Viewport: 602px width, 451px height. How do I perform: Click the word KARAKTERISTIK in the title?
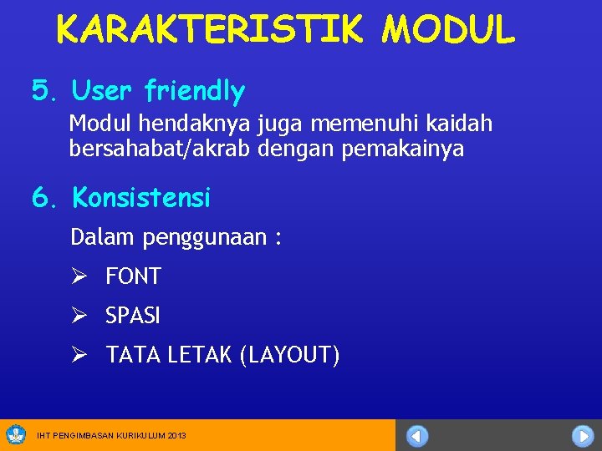(209, 30)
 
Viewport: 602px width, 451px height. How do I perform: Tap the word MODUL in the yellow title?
(448, 30)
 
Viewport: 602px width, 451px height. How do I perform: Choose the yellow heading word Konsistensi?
(141, 198)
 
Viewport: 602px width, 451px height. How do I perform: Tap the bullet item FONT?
(133, 276)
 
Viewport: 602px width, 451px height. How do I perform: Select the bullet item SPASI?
(133, 317)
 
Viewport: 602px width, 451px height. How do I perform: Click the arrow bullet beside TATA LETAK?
(79, 356)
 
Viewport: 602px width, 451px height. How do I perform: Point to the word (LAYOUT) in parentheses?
(289, 356)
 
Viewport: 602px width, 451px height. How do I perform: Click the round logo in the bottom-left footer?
(16, 434)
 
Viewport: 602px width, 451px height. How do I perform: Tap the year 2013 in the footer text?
(176, 436)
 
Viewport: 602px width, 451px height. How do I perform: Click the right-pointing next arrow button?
(582, 436)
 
